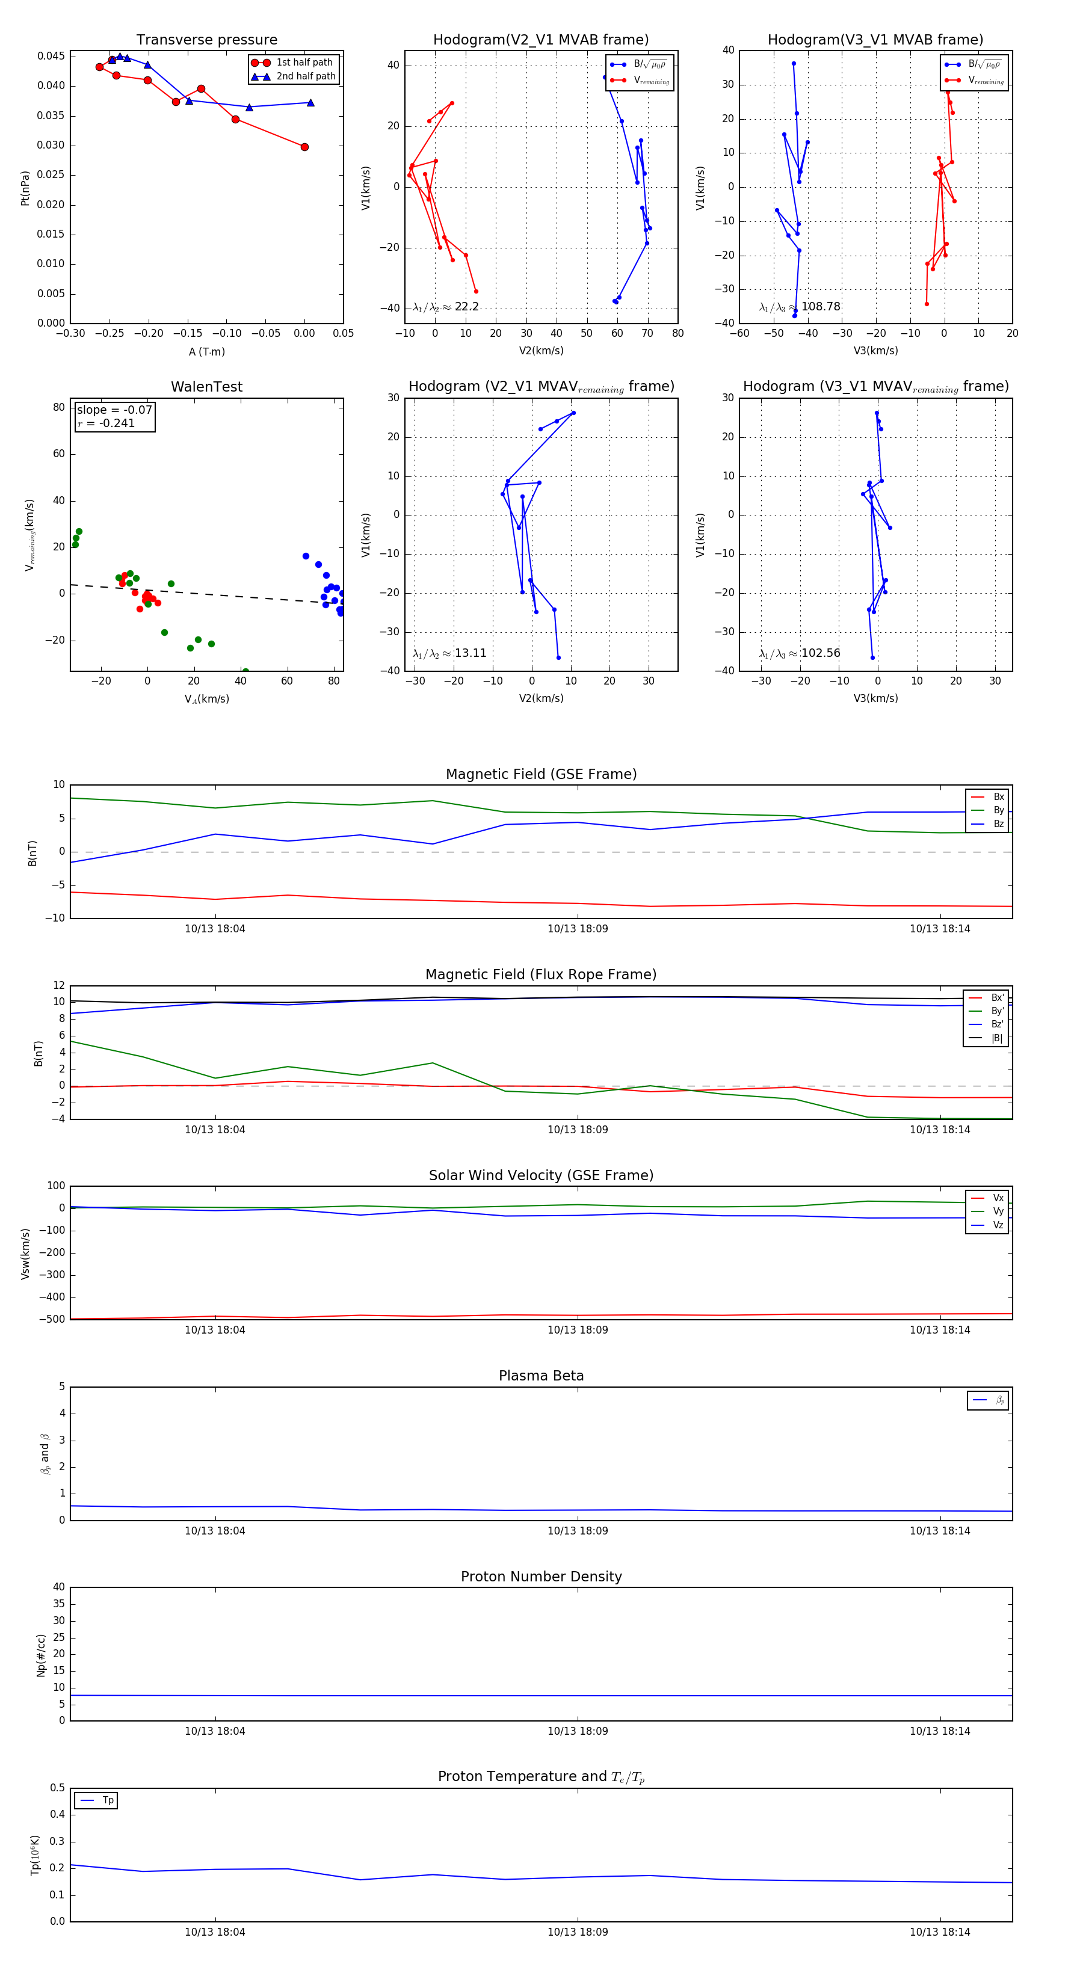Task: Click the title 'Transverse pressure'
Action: (x=206, y=40)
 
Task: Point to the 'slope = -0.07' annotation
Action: (x=114, y=410)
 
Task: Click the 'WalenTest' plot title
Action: (x=206, y=387)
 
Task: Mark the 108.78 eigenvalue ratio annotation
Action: (x=800, y=307)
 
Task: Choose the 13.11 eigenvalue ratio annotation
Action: (x=449, y=653)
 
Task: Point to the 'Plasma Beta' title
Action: (x=541, y=1376)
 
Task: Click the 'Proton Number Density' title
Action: (x=541, y=1577)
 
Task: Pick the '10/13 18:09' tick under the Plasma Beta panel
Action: (x=578, y=1531)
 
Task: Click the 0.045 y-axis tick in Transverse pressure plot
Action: (x=51, y=57)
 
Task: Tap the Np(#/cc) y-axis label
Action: (x=41, y=1655)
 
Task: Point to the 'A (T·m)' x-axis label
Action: (x=206, y=352)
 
